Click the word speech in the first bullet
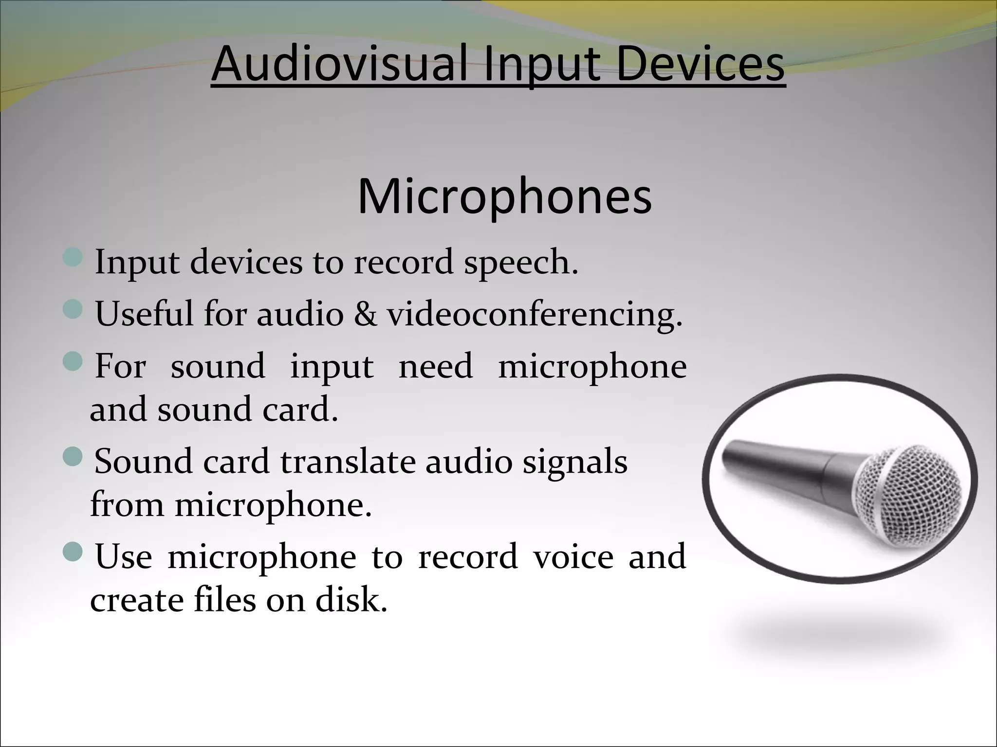coord(520,263)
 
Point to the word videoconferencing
coord(535,315)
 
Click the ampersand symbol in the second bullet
coord(365,314)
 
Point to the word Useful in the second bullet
coord(144,314)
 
